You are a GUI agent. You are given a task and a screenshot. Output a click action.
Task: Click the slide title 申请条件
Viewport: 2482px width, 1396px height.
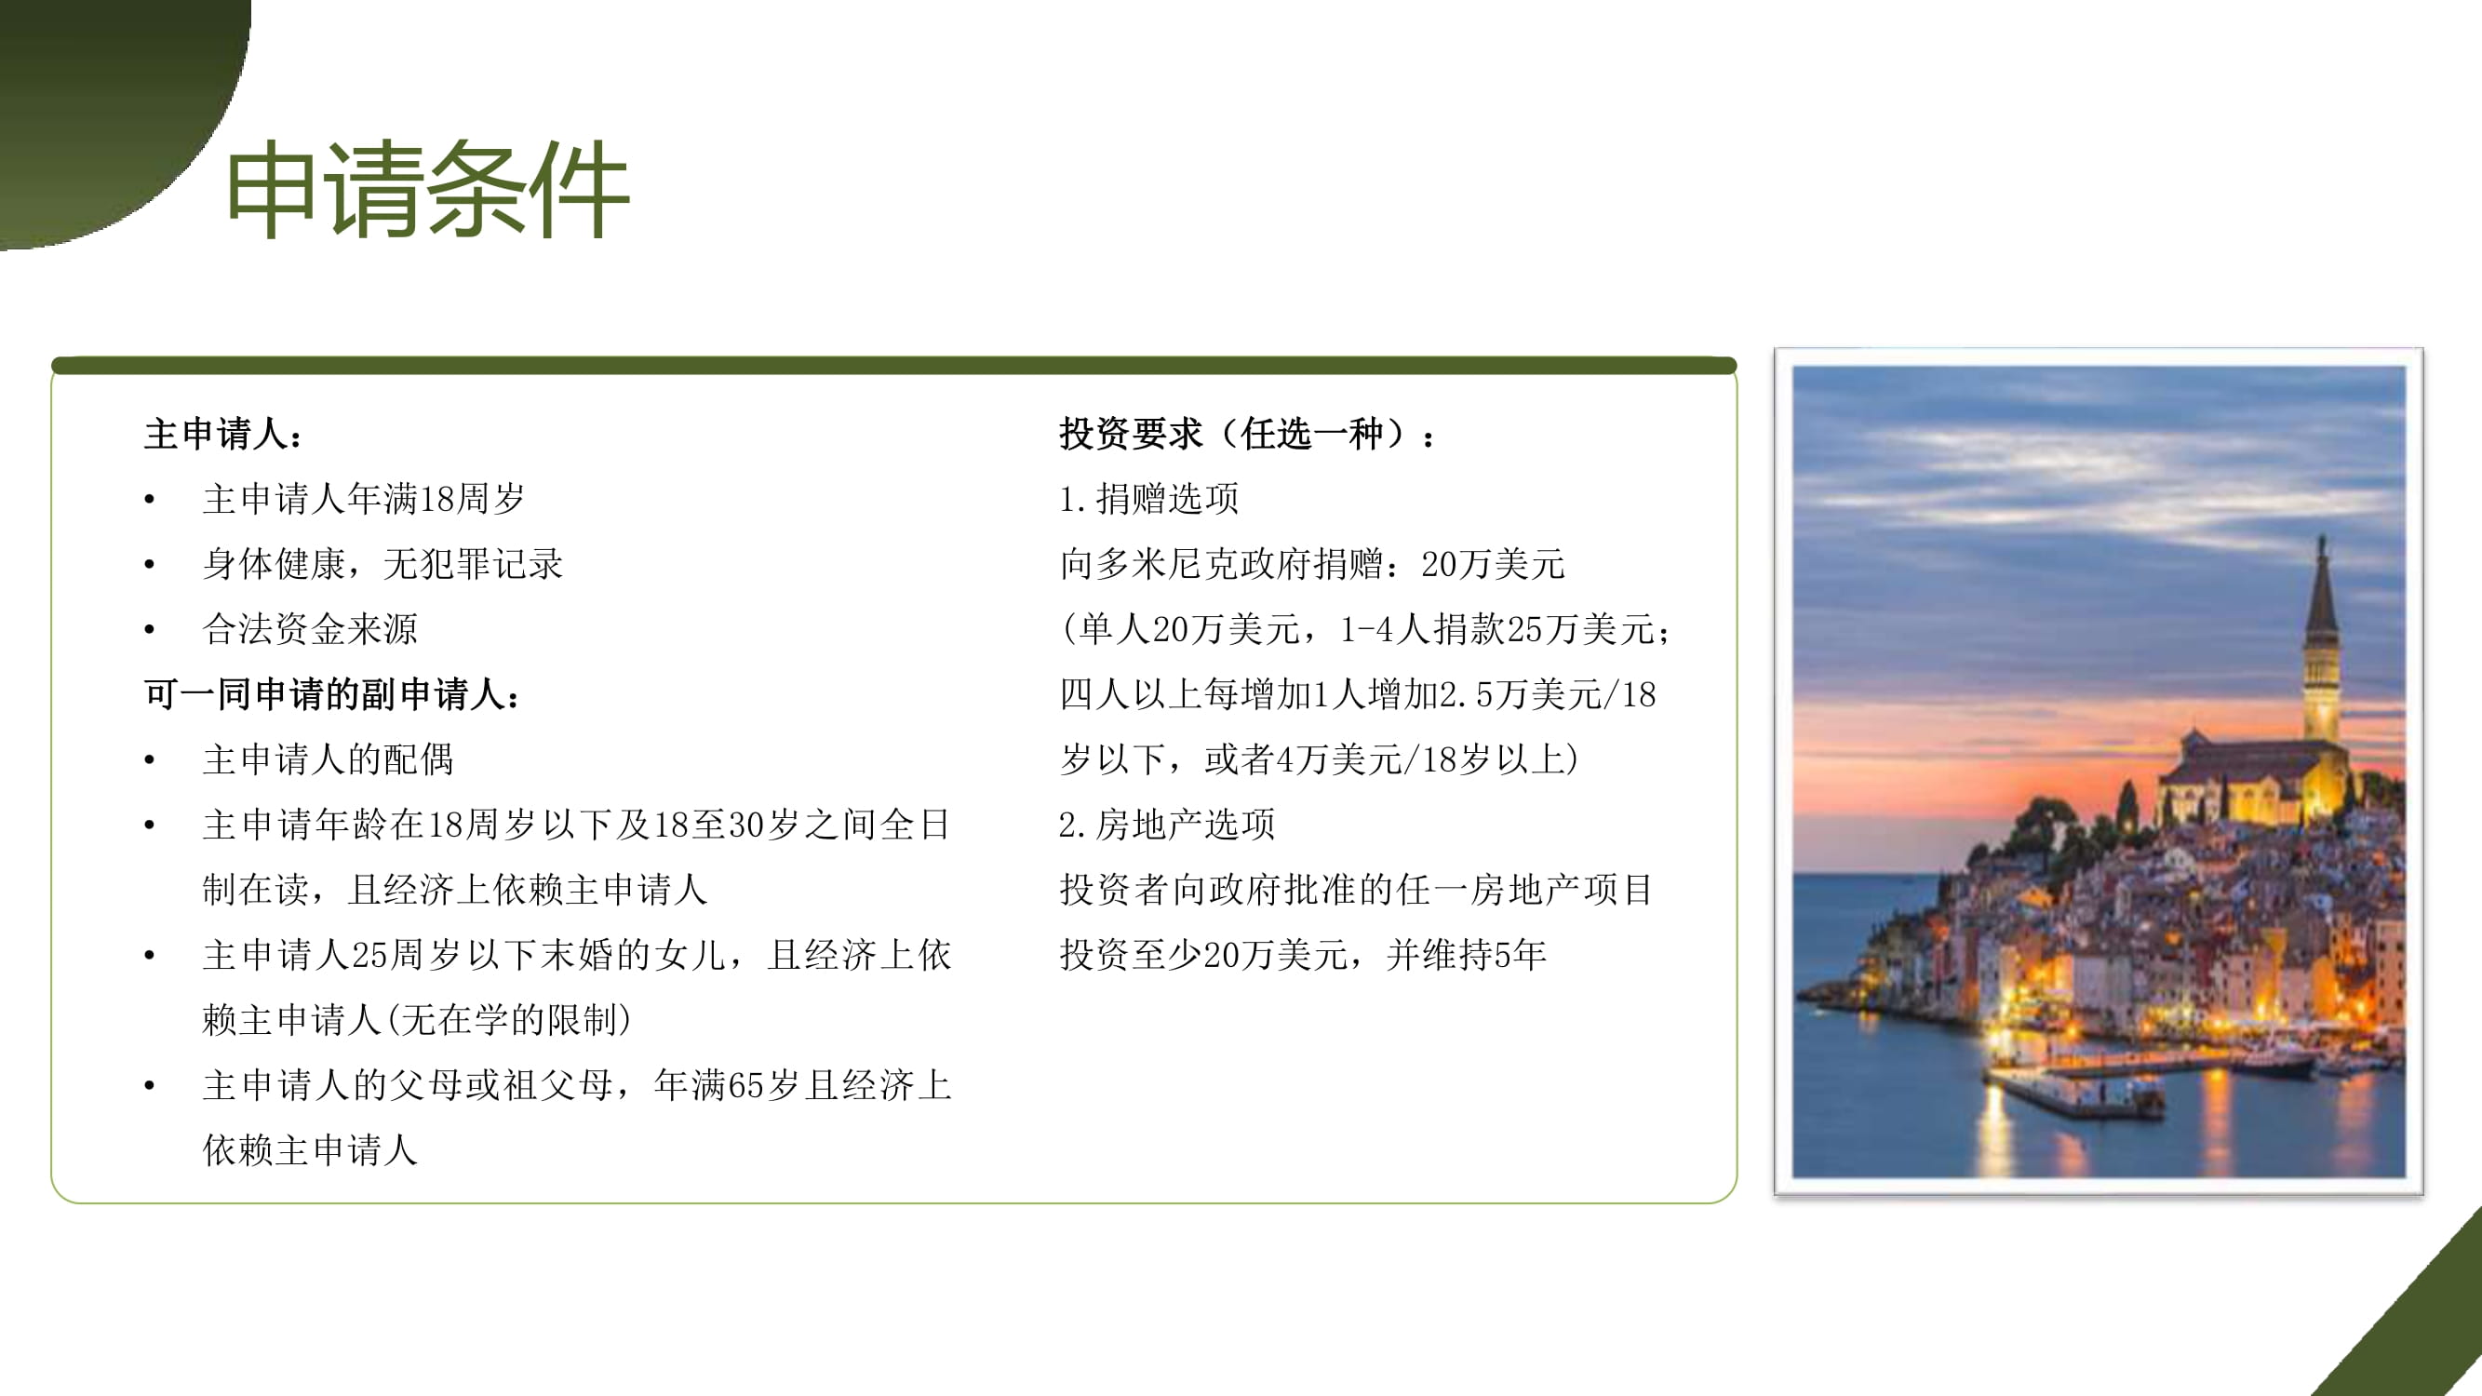428,189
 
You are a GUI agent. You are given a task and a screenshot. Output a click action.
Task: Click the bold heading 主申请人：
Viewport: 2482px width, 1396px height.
224,434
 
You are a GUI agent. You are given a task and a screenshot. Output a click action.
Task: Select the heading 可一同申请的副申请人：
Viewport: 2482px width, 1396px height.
333,693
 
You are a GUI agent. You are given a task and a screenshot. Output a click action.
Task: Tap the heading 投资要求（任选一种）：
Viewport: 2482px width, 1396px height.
1248,434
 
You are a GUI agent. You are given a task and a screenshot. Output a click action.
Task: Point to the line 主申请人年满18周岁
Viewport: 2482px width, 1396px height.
364,498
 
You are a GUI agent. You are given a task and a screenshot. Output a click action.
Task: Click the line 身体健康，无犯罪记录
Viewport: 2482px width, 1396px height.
382,564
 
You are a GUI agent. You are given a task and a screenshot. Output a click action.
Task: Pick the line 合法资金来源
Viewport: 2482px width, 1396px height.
310,629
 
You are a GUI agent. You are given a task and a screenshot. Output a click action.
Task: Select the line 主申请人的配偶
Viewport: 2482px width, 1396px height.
328,759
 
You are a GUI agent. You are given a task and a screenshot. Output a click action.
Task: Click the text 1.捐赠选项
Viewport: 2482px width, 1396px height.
1148,498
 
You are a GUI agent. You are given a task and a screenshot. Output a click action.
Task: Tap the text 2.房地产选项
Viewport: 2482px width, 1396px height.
1167,825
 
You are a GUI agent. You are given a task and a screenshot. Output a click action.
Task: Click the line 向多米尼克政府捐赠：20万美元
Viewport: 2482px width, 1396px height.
1312,564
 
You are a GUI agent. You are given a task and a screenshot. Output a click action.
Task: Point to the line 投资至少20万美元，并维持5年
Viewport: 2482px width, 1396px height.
1303,955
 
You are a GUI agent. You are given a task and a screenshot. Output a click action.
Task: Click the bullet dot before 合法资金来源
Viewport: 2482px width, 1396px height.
149,630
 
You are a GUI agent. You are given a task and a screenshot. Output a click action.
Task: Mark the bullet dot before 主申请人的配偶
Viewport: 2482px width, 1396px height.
149,760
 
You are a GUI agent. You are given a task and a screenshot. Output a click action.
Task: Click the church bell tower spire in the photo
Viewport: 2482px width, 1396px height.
2321,587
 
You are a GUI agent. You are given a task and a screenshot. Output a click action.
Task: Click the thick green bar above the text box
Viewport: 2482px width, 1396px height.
894,365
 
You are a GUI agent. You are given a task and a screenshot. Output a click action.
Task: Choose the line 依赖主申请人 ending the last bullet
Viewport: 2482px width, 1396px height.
310,1150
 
